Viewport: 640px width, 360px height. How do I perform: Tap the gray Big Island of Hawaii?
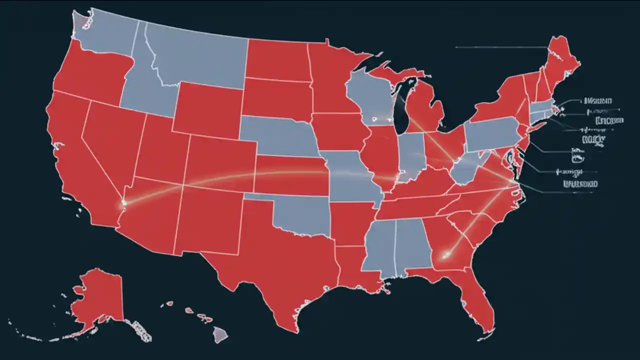[x=220, y=334]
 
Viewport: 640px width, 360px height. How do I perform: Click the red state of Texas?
[x=280, y=260]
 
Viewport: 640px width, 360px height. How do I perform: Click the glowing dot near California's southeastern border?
[x=123, y=202]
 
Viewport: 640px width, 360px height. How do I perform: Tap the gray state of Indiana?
[x=413, y=155]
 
